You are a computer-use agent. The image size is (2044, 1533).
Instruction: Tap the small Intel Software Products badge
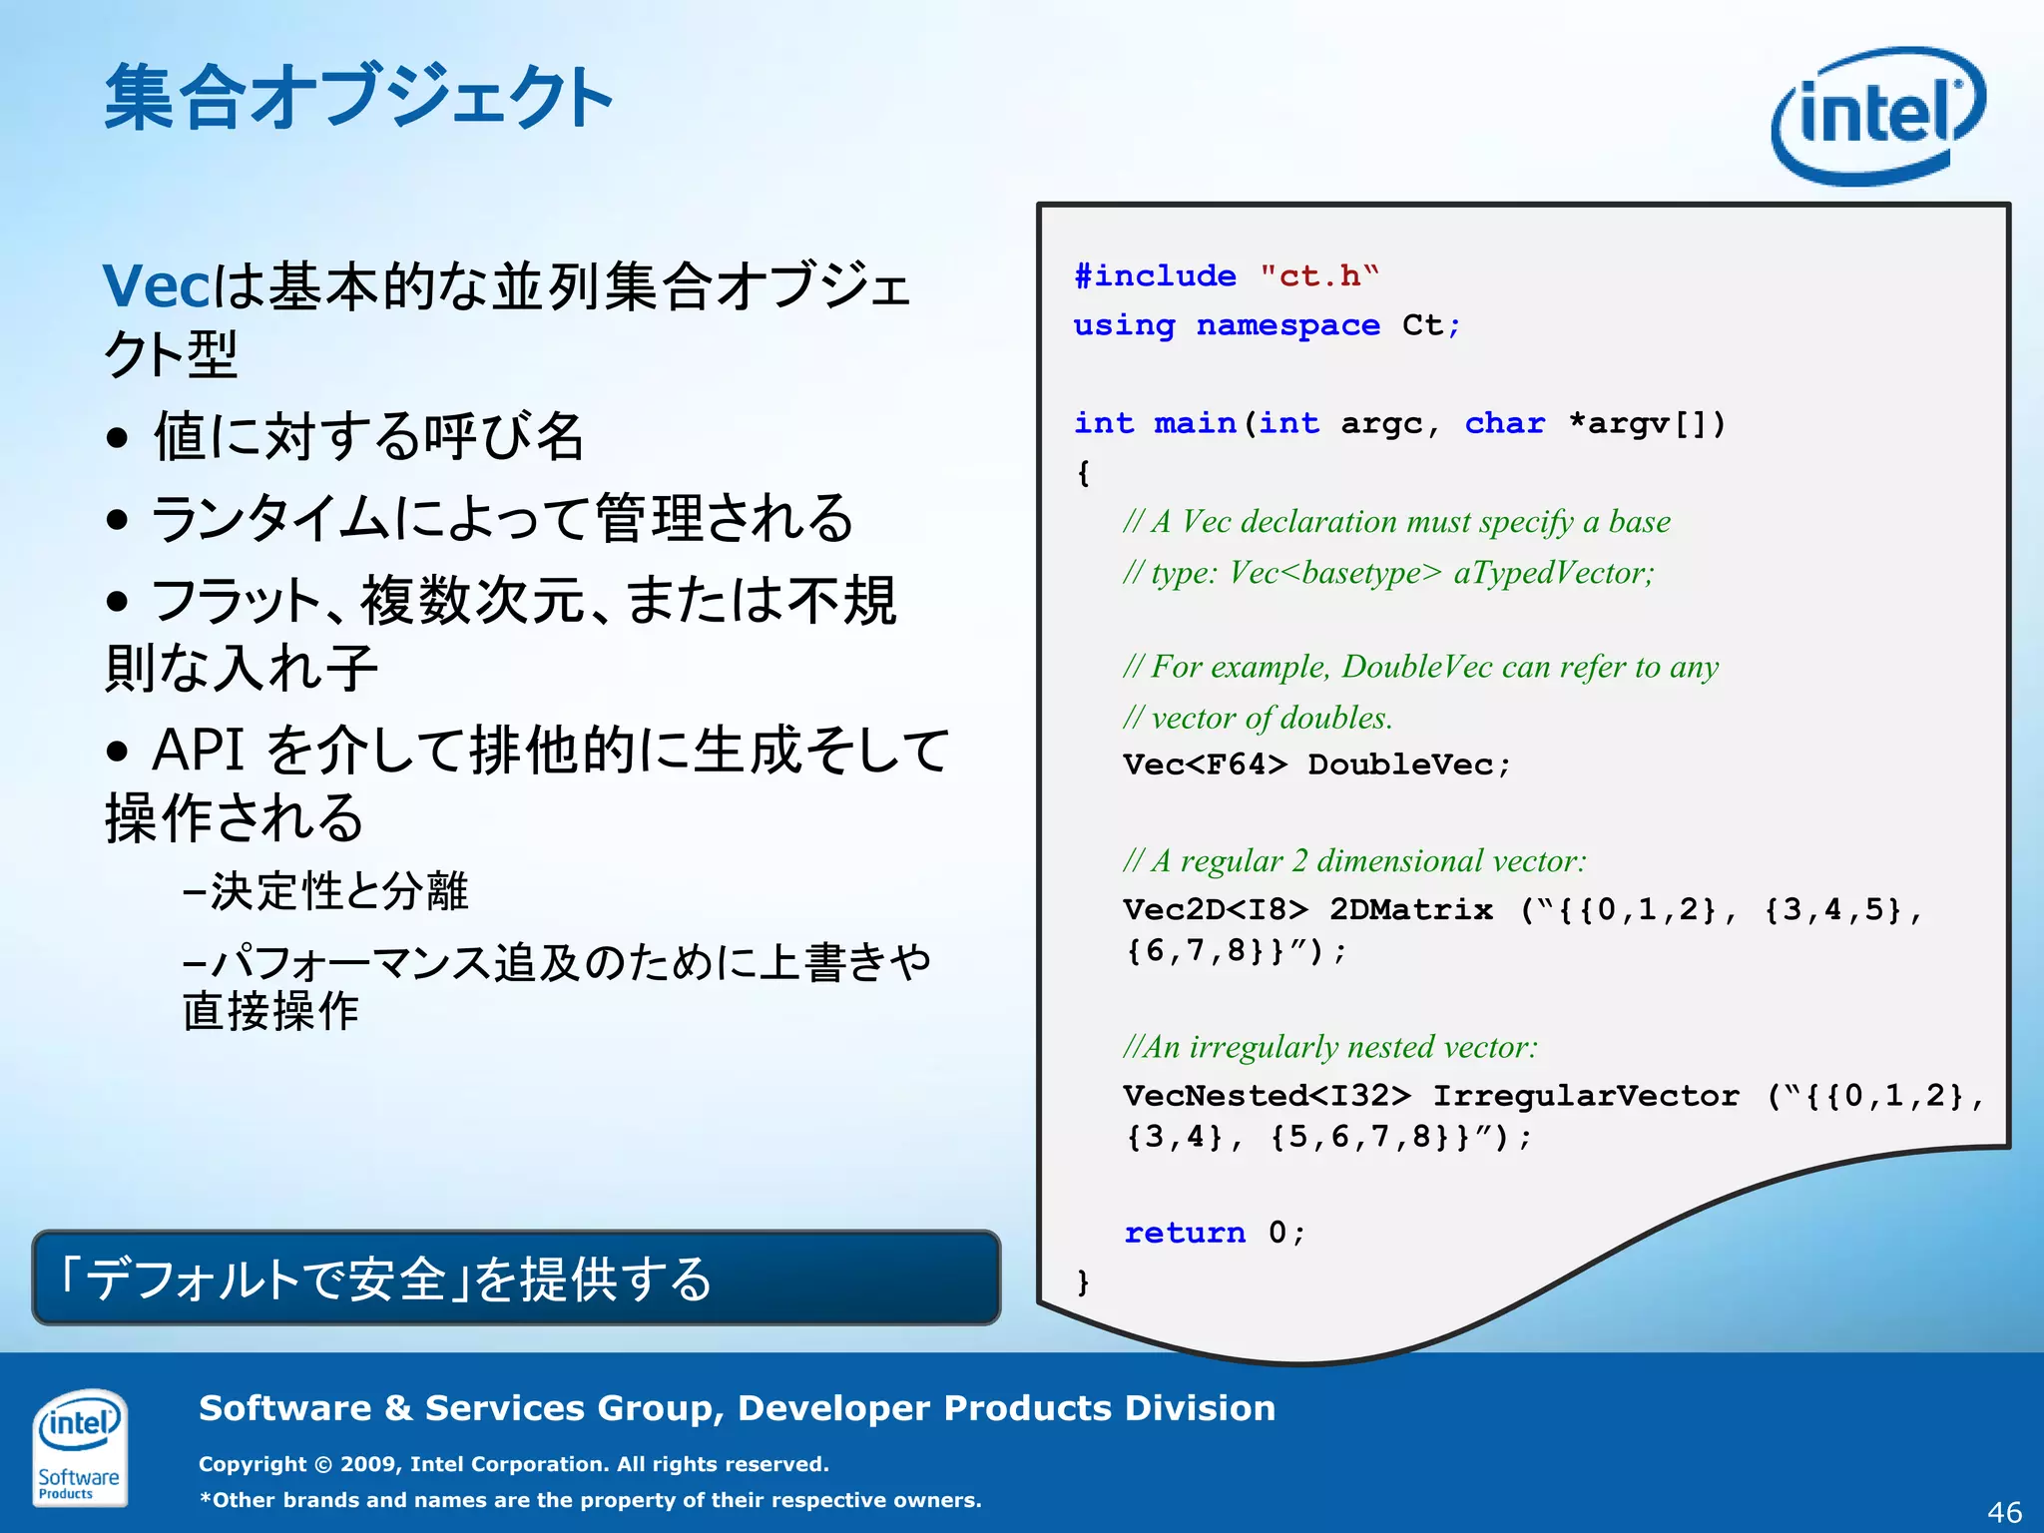point(79,1446)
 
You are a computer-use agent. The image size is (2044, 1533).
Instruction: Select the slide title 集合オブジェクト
point(358,97)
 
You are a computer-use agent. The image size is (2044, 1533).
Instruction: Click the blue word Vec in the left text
point(156,286)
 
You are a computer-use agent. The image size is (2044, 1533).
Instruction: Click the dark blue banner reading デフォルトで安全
point(516,1278)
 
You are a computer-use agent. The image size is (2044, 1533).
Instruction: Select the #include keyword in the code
point(1155,275)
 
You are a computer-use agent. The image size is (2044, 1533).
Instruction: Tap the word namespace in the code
point(1287,325)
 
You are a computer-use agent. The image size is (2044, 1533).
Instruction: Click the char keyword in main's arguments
point(1504,423)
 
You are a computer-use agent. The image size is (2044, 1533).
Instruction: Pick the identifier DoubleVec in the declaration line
point(1401,765)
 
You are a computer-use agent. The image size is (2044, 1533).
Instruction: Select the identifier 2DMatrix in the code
point(1410,909)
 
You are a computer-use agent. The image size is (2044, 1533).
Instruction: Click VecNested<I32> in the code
point(1267,1096)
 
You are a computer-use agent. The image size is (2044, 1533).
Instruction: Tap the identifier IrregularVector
point(1586,1096)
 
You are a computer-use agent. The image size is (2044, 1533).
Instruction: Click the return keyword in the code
point(1185,1233)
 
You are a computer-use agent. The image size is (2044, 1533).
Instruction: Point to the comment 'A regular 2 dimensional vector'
point(1354,860)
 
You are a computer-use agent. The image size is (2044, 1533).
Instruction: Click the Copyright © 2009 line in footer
point(514,1464)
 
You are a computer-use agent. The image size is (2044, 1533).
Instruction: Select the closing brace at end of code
point(1083,1281)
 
